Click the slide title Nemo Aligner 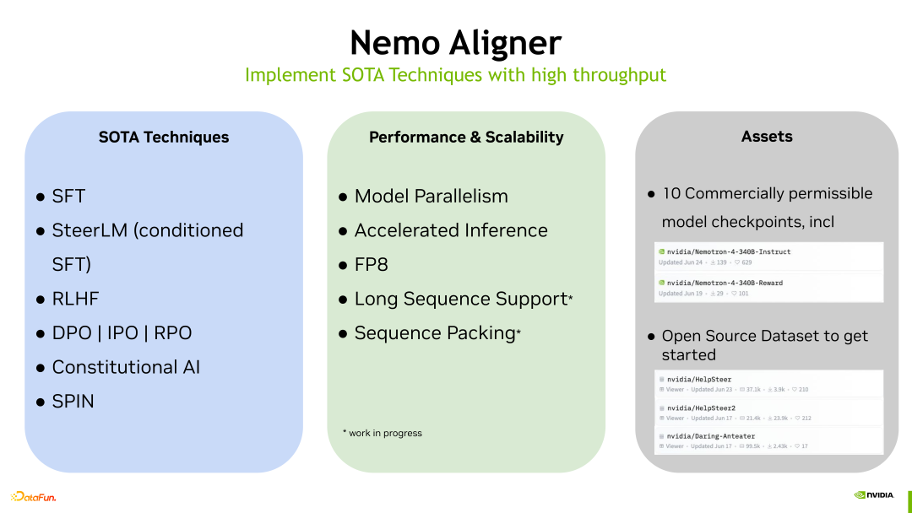point(455,42)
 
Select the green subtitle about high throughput point(455,75)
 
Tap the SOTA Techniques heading point(163,137)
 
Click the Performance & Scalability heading point(466,137)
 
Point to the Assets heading point(767,136)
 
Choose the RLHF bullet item point(75,299)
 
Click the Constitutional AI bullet point(126,367)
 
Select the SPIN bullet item point(73,402)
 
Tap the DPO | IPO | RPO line point(122,333)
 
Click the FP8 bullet point(371,265)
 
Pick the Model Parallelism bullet point(431,197)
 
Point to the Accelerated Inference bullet point(451,230)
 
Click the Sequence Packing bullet point(435,333)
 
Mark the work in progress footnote point(383,433)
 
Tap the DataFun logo point(34,497)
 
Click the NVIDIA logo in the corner point(874,495)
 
